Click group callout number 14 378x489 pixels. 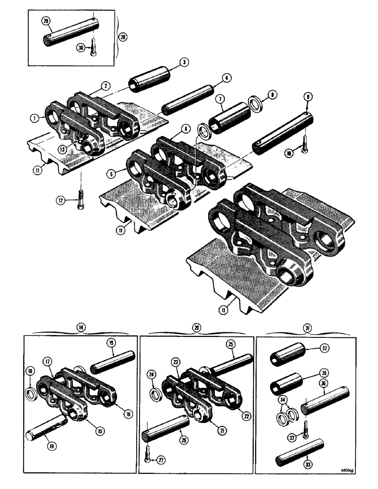click(78, 326)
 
